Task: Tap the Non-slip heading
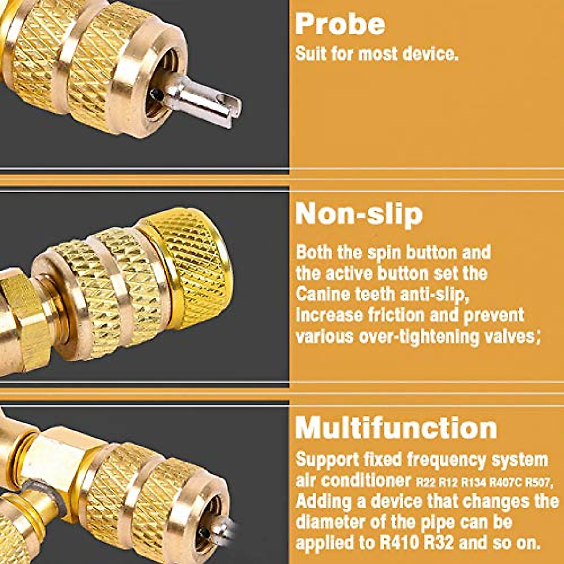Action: pos(359,214)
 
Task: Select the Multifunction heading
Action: pos(396,428)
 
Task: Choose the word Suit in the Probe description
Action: pos(311,54)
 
